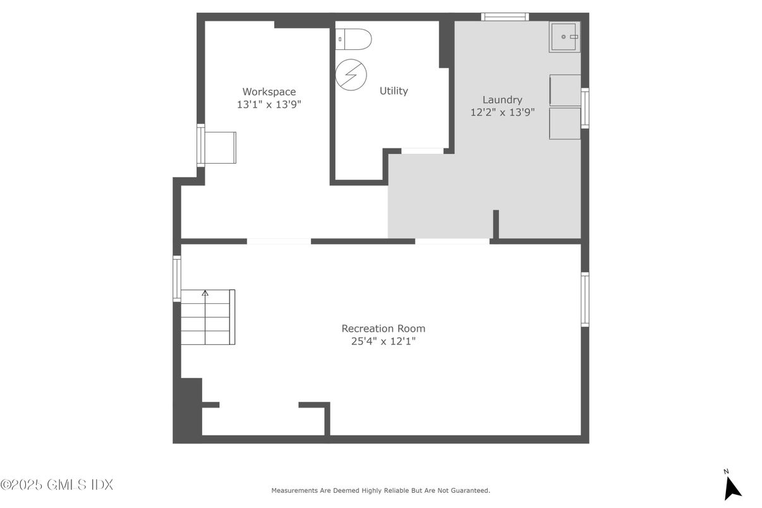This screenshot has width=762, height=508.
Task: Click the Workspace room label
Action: (269, 92)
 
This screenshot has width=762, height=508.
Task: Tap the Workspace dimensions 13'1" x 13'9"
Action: (269, 105)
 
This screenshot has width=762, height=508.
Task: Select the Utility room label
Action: (393, 91)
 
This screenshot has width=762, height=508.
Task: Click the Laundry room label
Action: (502, 99)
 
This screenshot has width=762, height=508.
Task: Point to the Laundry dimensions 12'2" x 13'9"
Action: (502, 112)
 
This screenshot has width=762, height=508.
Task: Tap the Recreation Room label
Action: (383, 329)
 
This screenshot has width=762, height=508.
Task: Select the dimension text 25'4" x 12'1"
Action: (383, 342)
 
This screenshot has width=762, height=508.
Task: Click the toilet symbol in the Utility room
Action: (354, 39)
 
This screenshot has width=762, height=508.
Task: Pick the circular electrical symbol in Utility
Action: (351, 74)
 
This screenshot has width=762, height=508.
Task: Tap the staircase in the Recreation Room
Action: (208, 317)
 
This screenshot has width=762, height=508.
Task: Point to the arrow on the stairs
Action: (205, 293)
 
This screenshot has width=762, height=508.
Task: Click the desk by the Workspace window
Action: (221, 147)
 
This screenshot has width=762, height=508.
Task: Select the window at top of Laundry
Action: (505, 16)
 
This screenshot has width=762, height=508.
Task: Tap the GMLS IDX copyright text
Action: (57, 485)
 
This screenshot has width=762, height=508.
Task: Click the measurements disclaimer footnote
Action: (380, 490)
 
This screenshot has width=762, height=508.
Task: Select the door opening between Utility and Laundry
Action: (422, 151)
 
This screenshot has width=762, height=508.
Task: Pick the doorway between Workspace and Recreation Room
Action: (279, 241)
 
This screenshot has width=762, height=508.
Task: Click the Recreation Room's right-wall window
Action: (584, 299)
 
